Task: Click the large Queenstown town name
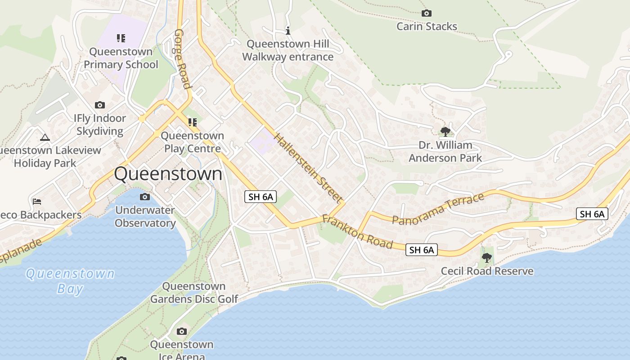[x=168, y=174]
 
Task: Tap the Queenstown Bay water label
[x=70, y=281]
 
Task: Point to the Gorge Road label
[x=182, y=59]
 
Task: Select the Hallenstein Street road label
[x=308, y=167]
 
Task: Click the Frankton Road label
[x=358, y=232]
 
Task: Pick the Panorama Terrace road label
[x=438, y=208]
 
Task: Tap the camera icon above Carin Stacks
[x=426, y=13]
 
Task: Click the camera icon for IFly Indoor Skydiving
[x=100, y=105]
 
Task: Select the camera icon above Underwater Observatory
[x=145, y=197]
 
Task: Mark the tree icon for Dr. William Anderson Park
[x=445, y=131]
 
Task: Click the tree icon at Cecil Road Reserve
[x=486, y=258]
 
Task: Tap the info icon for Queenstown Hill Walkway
[x=288, y=31]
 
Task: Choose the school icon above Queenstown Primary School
[x=121, y=38]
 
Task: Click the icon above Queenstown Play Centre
[x=193, y=122]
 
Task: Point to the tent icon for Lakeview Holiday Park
[x=45, y=137]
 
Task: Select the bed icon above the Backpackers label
[x=37, y=201]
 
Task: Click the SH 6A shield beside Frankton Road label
[x=422, y=250]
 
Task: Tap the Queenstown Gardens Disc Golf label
[x=194, y=292]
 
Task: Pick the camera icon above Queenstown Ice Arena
[x=182, y=332]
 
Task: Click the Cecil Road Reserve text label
[x=487, y=271]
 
